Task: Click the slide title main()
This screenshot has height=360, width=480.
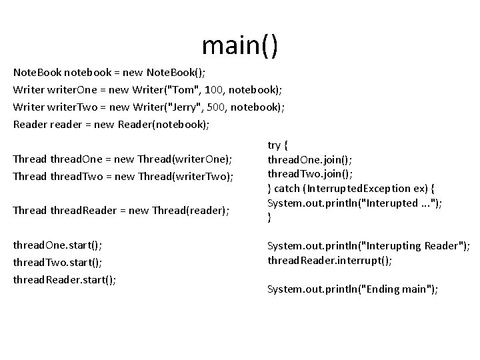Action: pyautogui.click(x=239, y=45)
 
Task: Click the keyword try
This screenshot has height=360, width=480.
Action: pyautogui.click(x=275, y=144)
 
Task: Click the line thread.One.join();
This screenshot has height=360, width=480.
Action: pyautogui.click(x=309, y=159)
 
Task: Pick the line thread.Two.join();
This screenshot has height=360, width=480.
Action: pyautogui.click(x=310, y=173)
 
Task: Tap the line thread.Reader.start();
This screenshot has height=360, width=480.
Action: pyautogui.click(x=65, y=280)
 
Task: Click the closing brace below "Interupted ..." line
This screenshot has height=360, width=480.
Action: pyautogui.click(x=270, y=217)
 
